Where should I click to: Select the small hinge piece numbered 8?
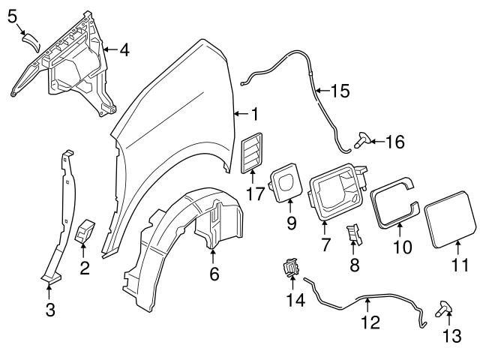coord(353,236)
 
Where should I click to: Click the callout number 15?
coord(340,91)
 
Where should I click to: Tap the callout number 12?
coord(370,322)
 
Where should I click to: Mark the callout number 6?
coord(214,274)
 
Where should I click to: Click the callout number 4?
coord(124,50)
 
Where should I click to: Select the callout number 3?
coord(50,309)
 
